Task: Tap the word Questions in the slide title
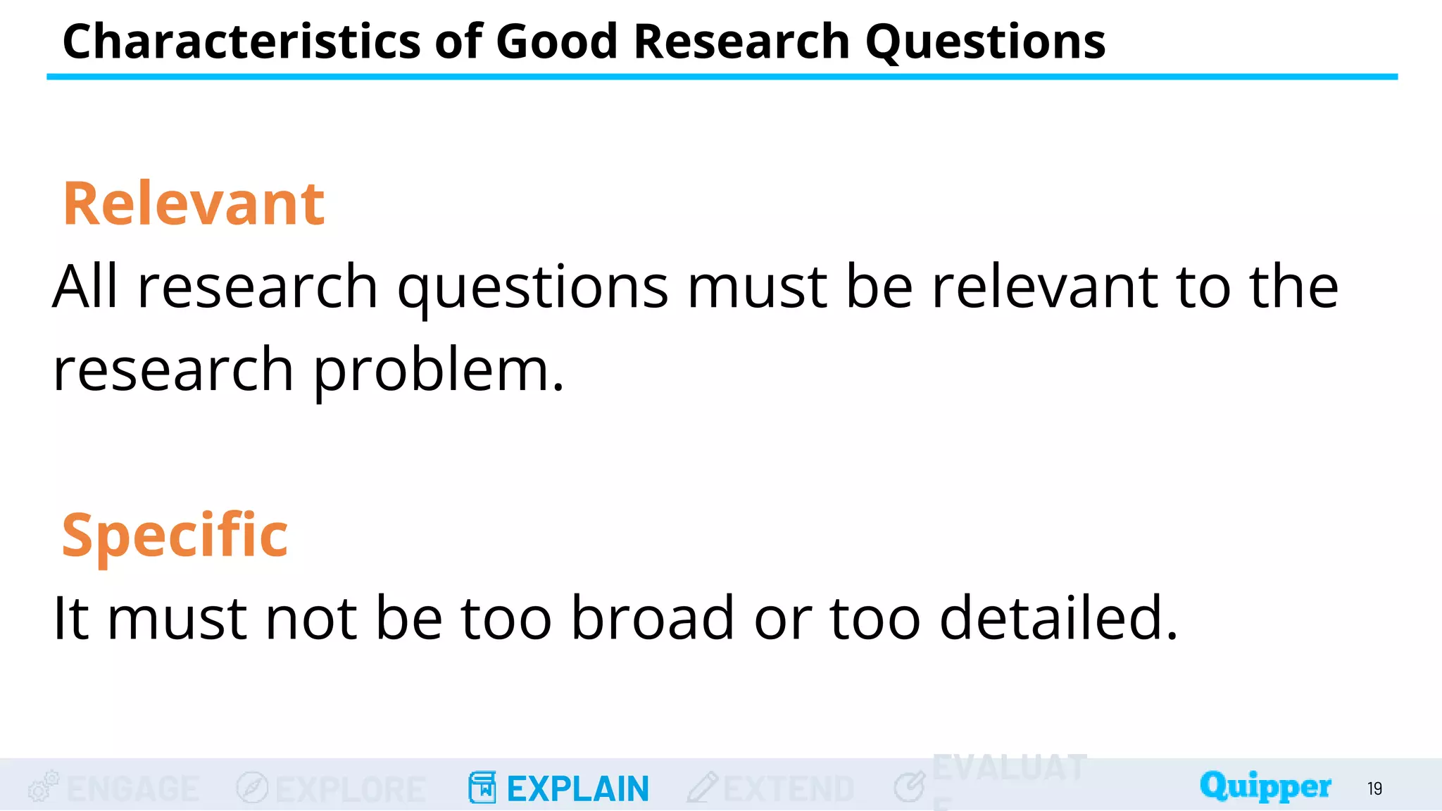(985, 42)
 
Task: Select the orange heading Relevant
(194, 204)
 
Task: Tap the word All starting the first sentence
(85, 287)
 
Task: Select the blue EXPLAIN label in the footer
(577, 788)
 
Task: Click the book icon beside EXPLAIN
(482, 787)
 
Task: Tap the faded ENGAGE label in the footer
(133, 788)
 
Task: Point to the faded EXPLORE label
(351, 788)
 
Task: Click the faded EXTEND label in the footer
(789, 788)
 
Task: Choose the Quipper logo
(1265, 786)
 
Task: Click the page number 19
(1374, 788)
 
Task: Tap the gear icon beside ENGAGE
(43, 786)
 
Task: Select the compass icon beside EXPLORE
(252, 787)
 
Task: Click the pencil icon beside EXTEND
(702, 787)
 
